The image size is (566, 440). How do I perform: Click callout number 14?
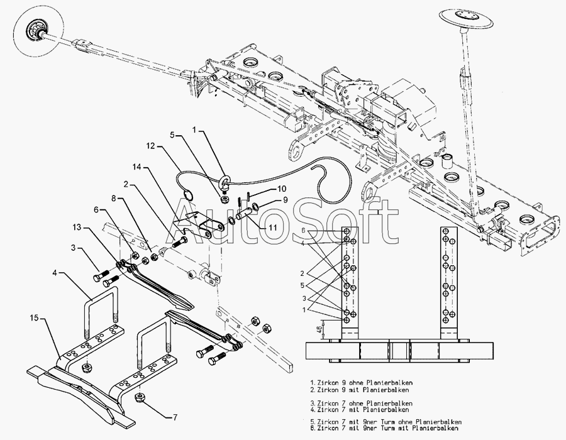[x=136, y=167]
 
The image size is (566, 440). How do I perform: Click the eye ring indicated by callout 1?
[x=224, y=185]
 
